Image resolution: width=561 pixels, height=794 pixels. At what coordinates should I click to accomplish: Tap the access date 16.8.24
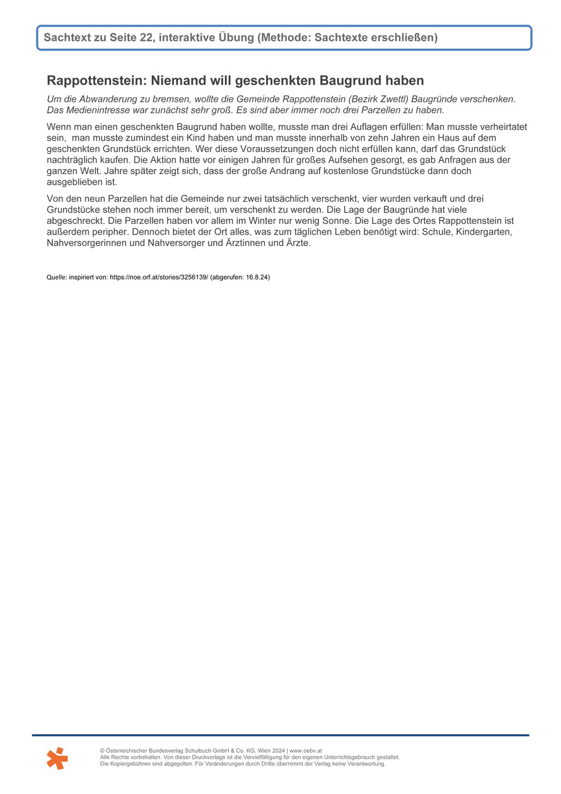(256, 277)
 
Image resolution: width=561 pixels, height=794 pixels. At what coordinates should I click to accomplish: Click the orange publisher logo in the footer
(57, 757)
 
